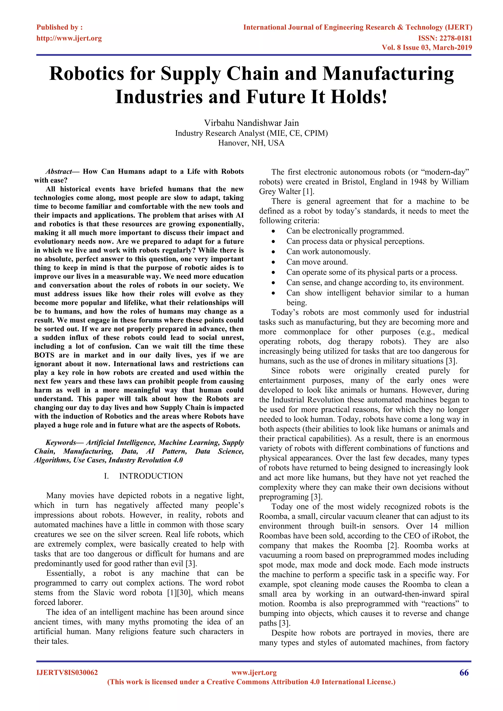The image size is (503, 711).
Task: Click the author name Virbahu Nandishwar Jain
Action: click(x=251, y=123)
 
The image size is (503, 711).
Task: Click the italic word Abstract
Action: click(x=58, y=172)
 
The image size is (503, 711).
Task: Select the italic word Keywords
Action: click(x=60, y=443)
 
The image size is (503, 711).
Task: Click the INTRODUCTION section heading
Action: click(x=151, y=476)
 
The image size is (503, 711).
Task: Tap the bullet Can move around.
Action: click(x=317, y=262)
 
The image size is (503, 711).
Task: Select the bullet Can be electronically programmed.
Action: click(x=345, y=231)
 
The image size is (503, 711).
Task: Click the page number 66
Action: click(x=464, y=673)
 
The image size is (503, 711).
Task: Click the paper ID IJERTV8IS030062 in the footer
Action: click(x=67, y=673)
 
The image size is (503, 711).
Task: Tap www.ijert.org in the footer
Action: click(x=254, y=673)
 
